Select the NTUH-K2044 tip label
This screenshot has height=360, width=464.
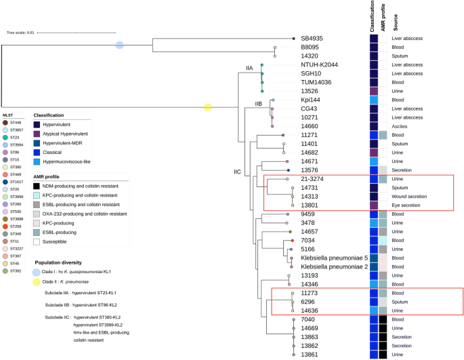pyautogui.click(x=322, y=65)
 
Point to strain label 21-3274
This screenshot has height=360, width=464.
pyautogui.click(x=314, y=178)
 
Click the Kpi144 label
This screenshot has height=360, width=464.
pyautogui.click(x=311, y=100)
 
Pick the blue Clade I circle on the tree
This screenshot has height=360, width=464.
pyautogui.click(x=119, y=45)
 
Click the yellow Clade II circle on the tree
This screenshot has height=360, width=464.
pyautogui.click(x=208, y=107)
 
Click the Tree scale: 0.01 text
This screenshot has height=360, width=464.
pyautogui.click(x=21, y=32)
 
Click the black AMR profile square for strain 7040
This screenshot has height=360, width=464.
pyautogui.click(x=383, y=319)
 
